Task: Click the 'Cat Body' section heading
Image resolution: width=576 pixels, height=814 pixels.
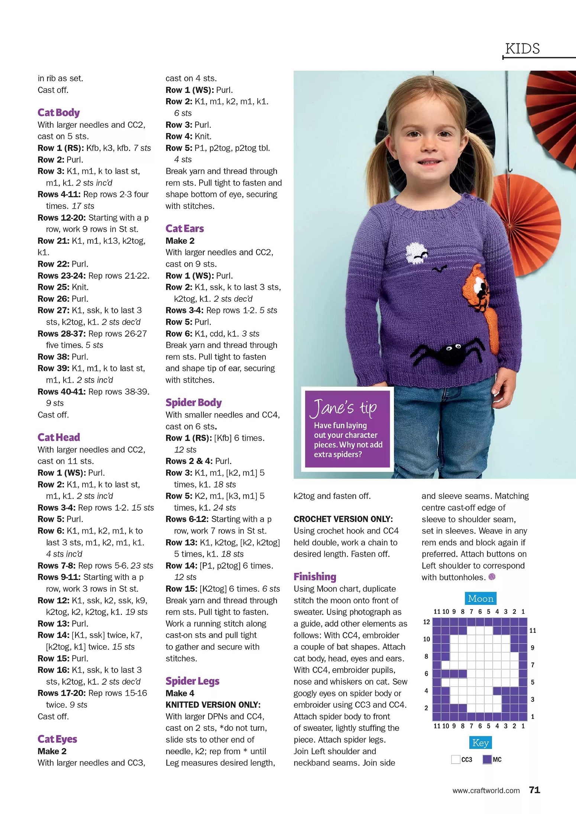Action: tap(59, 112)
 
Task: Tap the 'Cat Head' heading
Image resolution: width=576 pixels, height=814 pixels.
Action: tap(59, 437)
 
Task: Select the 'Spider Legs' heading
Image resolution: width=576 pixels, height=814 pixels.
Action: tap(192, 681)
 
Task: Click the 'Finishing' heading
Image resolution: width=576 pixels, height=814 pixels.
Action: tap(315, 576)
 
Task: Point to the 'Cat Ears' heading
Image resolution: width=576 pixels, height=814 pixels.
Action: tap(185, 228)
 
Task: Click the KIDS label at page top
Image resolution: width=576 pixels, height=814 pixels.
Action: tap(522, 49)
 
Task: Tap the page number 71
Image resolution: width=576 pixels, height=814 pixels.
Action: tap(534, 790)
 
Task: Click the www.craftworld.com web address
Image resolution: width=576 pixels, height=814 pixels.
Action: tap(486, 791)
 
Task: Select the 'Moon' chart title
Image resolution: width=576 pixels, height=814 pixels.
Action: tap(480, 599)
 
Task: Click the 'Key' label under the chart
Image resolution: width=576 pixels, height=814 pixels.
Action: tap(480, 743)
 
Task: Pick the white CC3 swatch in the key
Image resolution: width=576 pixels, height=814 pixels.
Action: tap(456, 760)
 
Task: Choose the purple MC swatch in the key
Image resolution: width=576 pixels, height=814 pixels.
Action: tap(487, 760)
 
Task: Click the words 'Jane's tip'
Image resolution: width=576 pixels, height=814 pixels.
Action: tap(345, 407)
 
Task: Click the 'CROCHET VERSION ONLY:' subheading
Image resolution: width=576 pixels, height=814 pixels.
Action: tap(343, 519)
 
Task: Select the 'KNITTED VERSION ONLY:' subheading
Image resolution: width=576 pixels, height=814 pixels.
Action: tap(213, 705)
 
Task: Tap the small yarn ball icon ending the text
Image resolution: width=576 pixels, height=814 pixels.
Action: tap(492, 577)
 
